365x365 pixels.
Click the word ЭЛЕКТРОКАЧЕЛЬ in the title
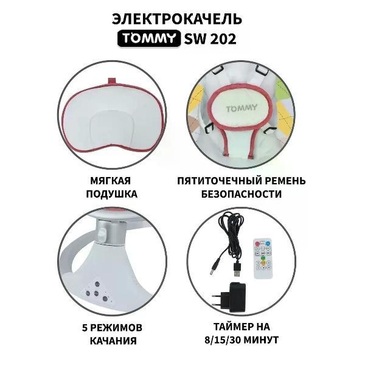[182, 16]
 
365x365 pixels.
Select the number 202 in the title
[222, 39]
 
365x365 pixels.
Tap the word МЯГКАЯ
[112, 181]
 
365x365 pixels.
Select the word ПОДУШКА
[112, 195]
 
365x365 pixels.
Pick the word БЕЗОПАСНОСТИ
[240, 195]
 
